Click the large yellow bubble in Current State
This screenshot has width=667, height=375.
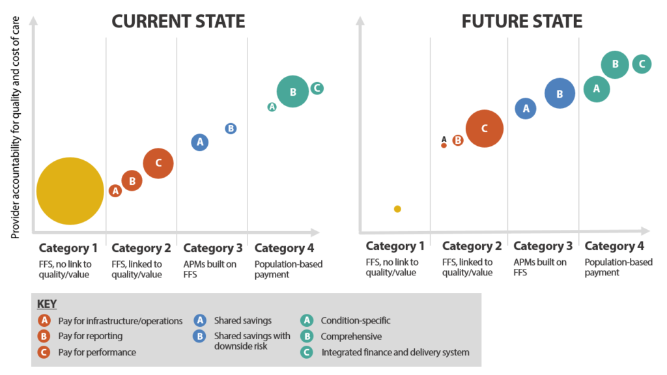pyautogui.click(x=70, y=191)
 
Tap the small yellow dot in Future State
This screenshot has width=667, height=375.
pyautogui.click(x=397, y=209)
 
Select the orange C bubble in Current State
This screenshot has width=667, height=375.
pyautogui.click(x=158, y=163)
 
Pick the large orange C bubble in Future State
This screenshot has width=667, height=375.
pyautogui.click(x=484, y=128)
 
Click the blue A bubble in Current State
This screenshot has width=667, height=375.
pyautogui.click(x=200, y=142)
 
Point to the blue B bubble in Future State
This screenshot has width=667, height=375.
pyautogui.click(x=560, y=94)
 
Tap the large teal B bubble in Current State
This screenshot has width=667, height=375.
pyautogui.click(x=293, y=92)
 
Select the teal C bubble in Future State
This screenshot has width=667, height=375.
pyautogui.click(x=642, y=64)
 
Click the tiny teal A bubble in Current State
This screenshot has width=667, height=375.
pyautogui.click(x=272, y=107)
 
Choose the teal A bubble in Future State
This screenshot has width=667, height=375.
pyautogui.click(x=596, y=89)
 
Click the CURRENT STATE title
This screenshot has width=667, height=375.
pyautogui.click(x=178, y=21)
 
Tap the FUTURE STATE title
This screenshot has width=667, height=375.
pyautogui.click(x=522, y=21)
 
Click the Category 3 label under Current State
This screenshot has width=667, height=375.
pyautogui.click(x=213, y=248)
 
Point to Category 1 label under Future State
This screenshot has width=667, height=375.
pyautogui.click(x=395, y=246)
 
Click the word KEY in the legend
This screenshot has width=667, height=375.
pyautogui.click(x=48, y=305)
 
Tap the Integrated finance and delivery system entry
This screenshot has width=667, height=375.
pyautogui.click(x=395, y=352)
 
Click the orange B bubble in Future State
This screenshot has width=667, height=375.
pyautogui.click(x=458, y=140)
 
